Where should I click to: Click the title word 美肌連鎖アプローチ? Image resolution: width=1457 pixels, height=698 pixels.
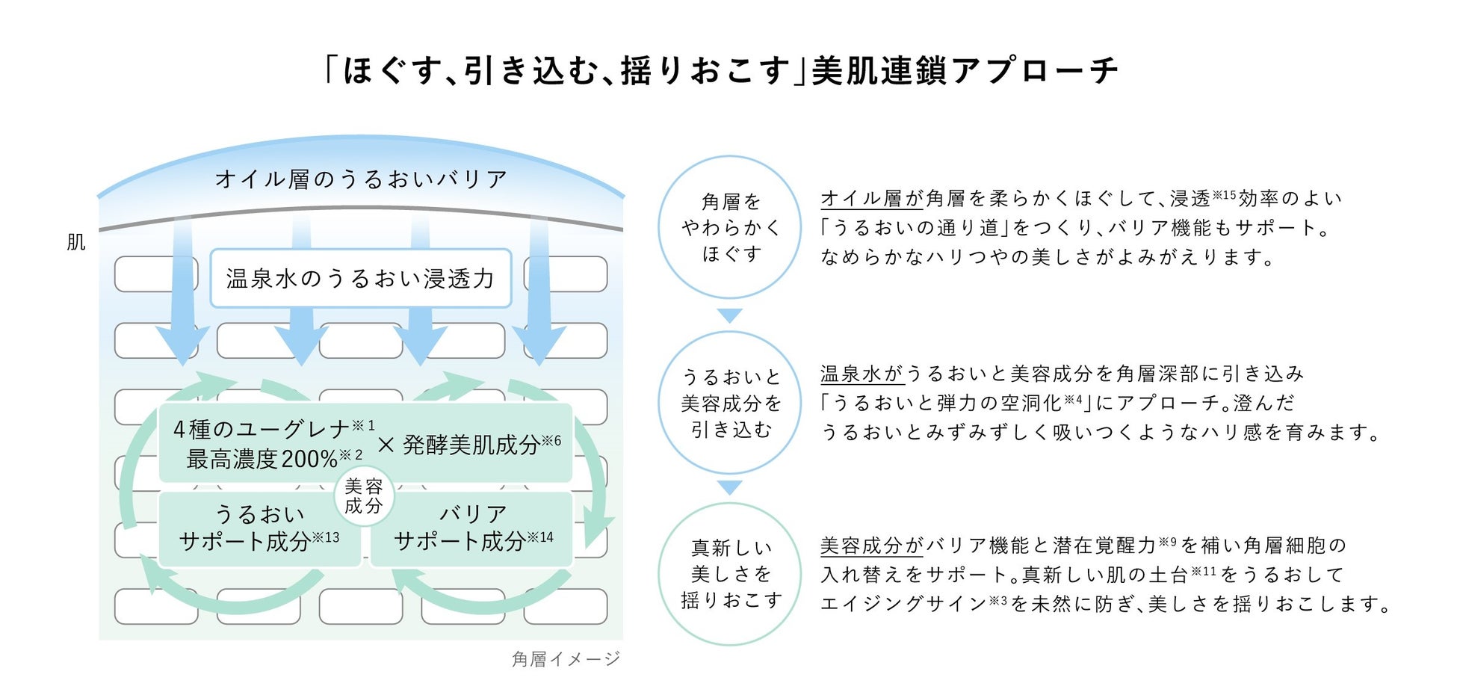pos(964,71)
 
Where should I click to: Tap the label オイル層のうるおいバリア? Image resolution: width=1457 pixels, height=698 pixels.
pos(361,179)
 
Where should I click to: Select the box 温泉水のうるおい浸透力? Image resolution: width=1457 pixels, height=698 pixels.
pos(361,279)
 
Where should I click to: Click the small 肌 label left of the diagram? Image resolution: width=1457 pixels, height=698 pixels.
pos(76,242)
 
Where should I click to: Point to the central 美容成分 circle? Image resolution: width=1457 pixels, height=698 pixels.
pos(364,496)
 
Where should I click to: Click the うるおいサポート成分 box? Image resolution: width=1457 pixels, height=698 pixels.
pos(259,528)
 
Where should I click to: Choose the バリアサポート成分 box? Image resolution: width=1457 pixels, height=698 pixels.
pos(473,528)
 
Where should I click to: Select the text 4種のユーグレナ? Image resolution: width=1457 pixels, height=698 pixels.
pos(262,429)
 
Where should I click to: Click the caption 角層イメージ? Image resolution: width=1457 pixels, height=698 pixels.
pos(566,659)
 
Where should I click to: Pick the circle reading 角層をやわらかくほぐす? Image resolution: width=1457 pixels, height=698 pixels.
pos(730,227)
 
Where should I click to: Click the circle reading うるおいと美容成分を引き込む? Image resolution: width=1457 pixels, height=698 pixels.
pos(730,404)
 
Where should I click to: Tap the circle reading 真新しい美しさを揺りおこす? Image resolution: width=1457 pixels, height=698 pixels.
pos(730,574)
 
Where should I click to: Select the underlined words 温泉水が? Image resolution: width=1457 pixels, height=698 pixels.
pos(861,374)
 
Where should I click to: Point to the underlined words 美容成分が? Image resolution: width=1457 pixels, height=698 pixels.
pos(872,546)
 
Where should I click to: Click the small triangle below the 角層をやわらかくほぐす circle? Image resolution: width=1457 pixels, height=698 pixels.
pos(730,315)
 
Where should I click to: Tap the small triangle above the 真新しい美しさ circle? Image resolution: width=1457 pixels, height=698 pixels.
pos(730,487)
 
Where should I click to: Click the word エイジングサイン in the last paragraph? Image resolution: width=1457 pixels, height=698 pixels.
pos(903,604)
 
